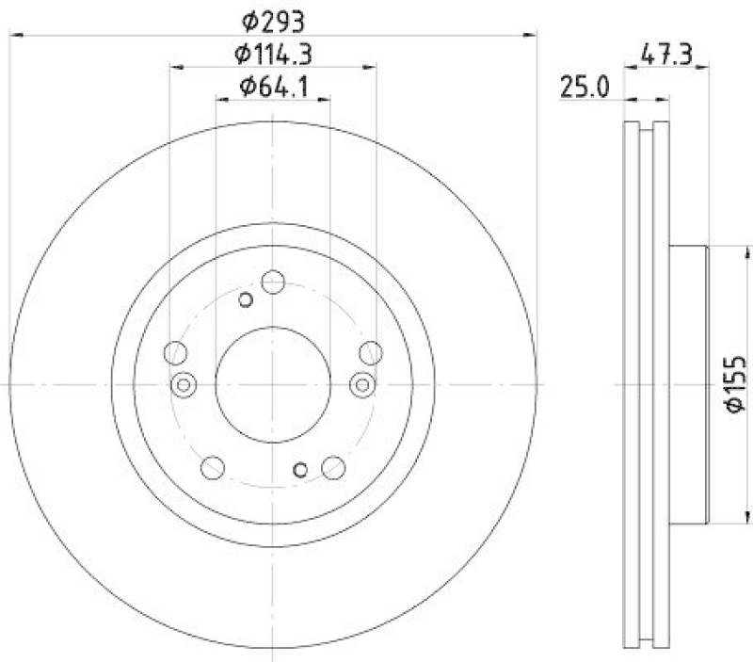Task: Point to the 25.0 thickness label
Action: (585, 88)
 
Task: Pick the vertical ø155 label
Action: (735, 384)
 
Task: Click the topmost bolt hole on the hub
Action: (273, 281)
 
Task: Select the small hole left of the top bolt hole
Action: (246, 299)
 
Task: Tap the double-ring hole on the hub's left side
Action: (184, 384)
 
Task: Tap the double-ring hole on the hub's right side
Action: (362, 384)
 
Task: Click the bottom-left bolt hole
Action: (213, 466)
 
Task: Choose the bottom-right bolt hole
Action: (333, 466)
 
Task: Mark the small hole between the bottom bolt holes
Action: (300, 470)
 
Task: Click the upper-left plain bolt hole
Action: (175, 353)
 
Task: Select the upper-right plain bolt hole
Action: (371, 353)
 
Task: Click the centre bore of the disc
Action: (273, 384)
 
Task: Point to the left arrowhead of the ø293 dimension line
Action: (13, 35)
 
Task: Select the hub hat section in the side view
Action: (687, 384)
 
